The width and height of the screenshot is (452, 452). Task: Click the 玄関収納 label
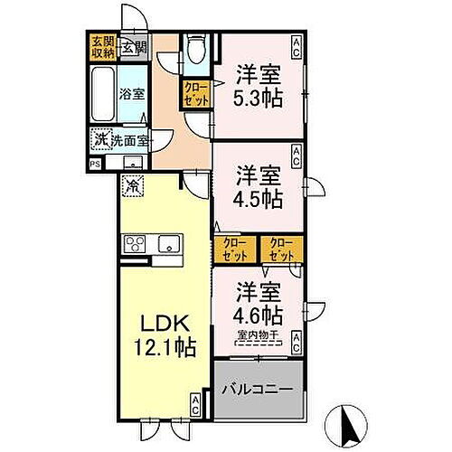[101, 47]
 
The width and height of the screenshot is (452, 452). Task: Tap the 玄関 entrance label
[134, 47]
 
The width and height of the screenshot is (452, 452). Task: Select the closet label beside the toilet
[195, 93]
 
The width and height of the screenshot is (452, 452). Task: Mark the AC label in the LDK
[195, 405]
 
